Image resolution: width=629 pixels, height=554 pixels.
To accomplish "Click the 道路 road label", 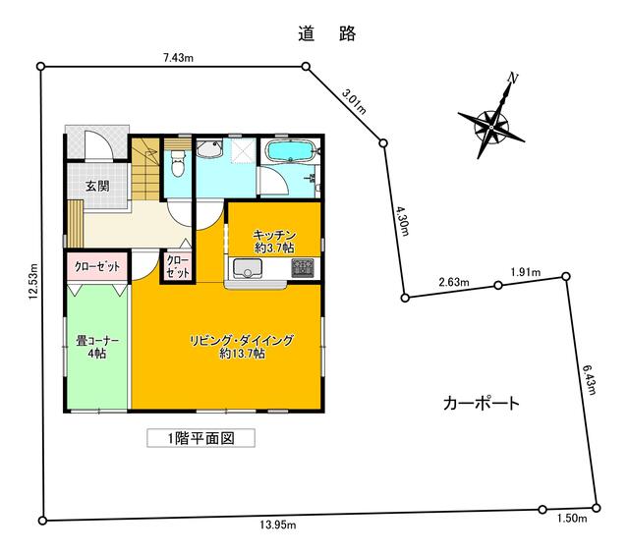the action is point(327,34).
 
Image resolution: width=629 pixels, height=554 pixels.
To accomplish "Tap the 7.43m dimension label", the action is point(178,58).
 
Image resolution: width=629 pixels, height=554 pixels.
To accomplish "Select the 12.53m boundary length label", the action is point(32,281).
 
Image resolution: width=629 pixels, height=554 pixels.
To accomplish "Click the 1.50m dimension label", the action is point(572,519).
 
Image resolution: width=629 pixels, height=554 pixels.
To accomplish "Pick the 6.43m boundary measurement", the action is point(588,379).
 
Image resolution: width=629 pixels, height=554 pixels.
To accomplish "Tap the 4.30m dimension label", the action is point(403,221).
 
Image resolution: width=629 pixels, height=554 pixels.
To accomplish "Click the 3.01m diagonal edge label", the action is point(354,101).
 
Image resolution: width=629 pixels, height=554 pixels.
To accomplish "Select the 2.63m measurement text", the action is point(454,282).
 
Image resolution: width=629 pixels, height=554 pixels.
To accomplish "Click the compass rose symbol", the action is point(491,120).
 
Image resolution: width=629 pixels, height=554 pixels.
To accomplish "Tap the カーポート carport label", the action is point(482,404).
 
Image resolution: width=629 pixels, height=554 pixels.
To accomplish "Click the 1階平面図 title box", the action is point(200,438).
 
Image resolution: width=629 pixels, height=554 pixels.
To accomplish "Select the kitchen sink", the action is point(248,268).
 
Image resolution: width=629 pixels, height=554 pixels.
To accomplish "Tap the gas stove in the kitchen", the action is point(303,268).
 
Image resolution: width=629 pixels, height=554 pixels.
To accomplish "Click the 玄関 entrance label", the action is point(97,186).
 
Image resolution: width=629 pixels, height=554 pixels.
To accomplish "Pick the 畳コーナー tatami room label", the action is point(97,347).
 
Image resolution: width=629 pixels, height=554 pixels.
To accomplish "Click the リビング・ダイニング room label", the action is point(242,347).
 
